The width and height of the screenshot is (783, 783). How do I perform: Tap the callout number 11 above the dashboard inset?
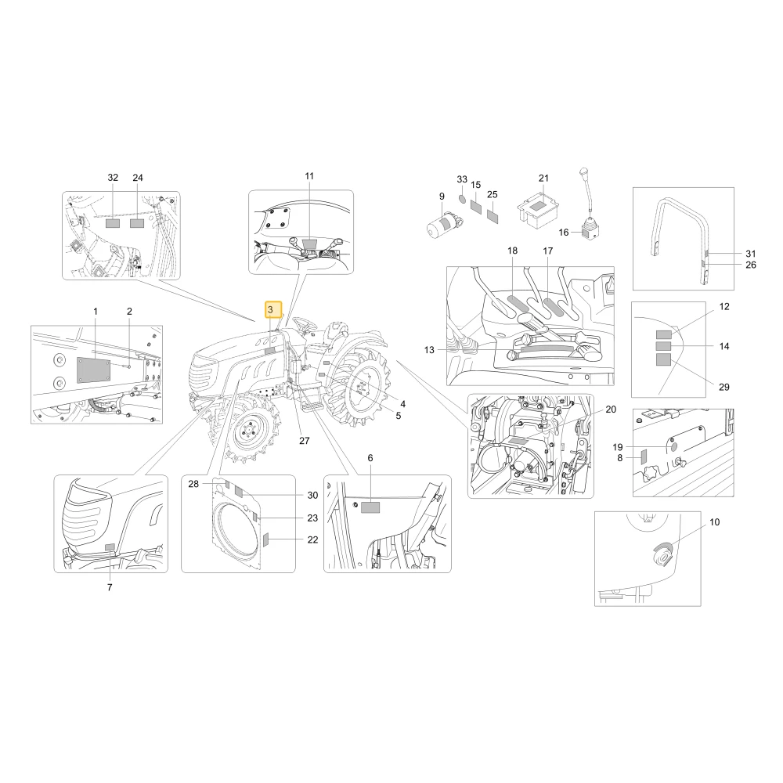(309, 175)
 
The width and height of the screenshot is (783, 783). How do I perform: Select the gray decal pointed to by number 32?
(113, 223)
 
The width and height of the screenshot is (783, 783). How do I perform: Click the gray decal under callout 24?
(137, 223)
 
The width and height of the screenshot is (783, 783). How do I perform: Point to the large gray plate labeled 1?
(93, 370)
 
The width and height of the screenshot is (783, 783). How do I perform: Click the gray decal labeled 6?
(370, 507)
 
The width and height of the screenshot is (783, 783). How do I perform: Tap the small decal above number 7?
(110, 547)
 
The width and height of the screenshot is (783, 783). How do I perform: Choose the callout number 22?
(312, 539)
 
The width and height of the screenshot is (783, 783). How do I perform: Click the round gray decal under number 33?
(462, 199)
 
